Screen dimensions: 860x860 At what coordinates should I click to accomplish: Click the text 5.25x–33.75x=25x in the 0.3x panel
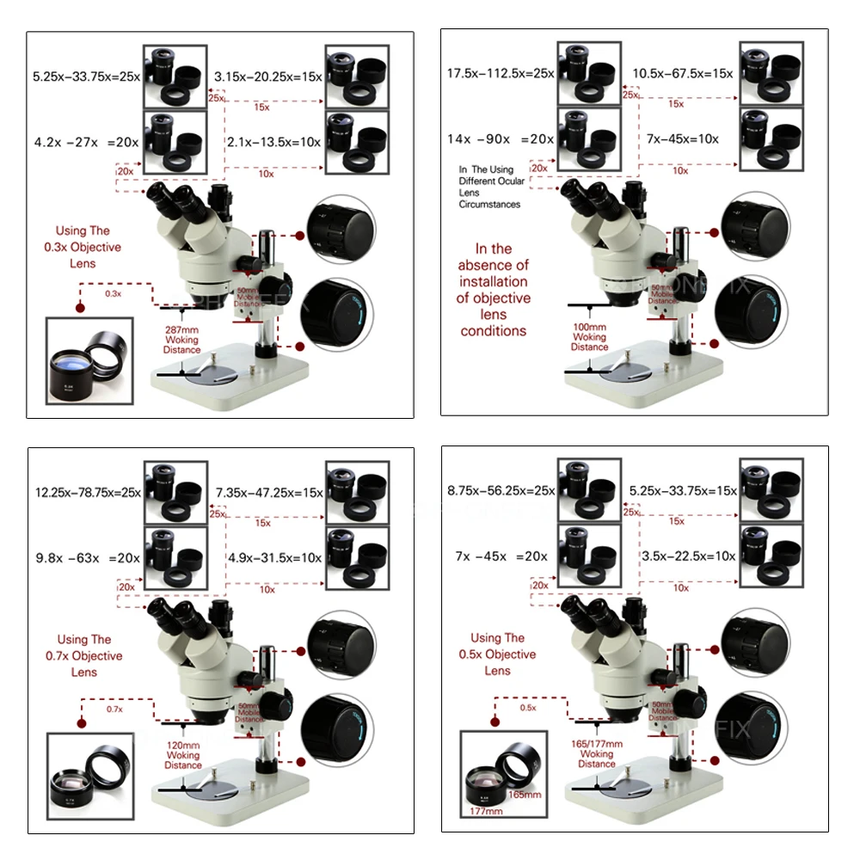click(87, 76)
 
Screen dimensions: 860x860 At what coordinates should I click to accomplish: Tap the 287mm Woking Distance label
click(181, 340)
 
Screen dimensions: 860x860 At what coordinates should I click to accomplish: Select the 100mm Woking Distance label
click(589, 337)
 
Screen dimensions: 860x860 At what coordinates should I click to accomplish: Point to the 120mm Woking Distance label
click(182, 755)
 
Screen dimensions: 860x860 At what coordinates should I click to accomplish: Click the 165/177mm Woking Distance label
click(597, 753)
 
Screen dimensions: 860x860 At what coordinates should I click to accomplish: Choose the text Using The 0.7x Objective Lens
click(89, 655)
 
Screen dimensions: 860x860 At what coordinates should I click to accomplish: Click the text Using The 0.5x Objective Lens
click(497, 654)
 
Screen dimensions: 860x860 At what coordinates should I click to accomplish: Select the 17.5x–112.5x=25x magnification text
click(501, 74)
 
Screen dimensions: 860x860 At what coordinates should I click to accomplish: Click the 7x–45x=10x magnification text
click(681, 138)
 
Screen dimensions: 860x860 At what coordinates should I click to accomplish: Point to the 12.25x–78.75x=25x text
click(87, 493)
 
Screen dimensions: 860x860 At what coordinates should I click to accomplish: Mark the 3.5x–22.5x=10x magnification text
click(688, 556)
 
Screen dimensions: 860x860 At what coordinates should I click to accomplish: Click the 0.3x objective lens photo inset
click(90, 362)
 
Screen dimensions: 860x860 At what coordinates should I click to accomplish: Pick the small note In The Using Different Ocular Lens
click(490, 187)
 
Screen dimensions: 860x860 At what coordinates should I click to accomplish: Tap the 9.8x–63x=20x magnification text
click(87, 557)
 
